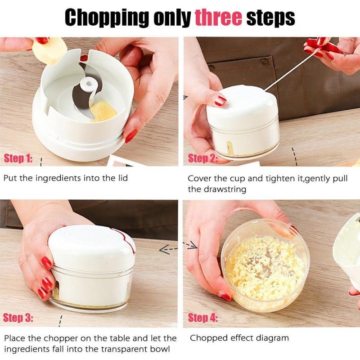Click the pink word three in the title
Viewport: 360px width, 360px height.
click(x=218, y=18)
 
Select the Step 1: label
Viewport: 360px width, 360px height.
click(x=18, y=158)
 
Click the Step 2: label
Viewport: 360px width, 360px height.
click(x=202, y=158)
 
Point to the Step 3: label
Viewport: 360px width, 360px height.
click(x=18, y=318)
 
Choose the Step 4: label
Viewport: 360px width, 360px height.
click(x=203, y=318)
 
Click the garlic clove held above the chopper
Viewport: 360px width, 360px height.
click(x=49, y=50)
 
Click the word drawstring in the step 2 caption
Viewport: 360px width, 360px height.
click(x=225, y=189)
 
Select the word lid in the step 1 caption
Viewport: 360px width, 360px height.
click(x=121, y=178)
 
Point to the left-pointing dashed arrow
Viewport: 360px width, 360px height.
click(x=168, y=249)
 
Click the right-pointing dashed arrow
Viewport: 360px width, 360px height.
click(x=190, y=245)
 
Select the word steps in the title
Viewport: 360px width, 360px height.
click(x=270, y=18)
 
